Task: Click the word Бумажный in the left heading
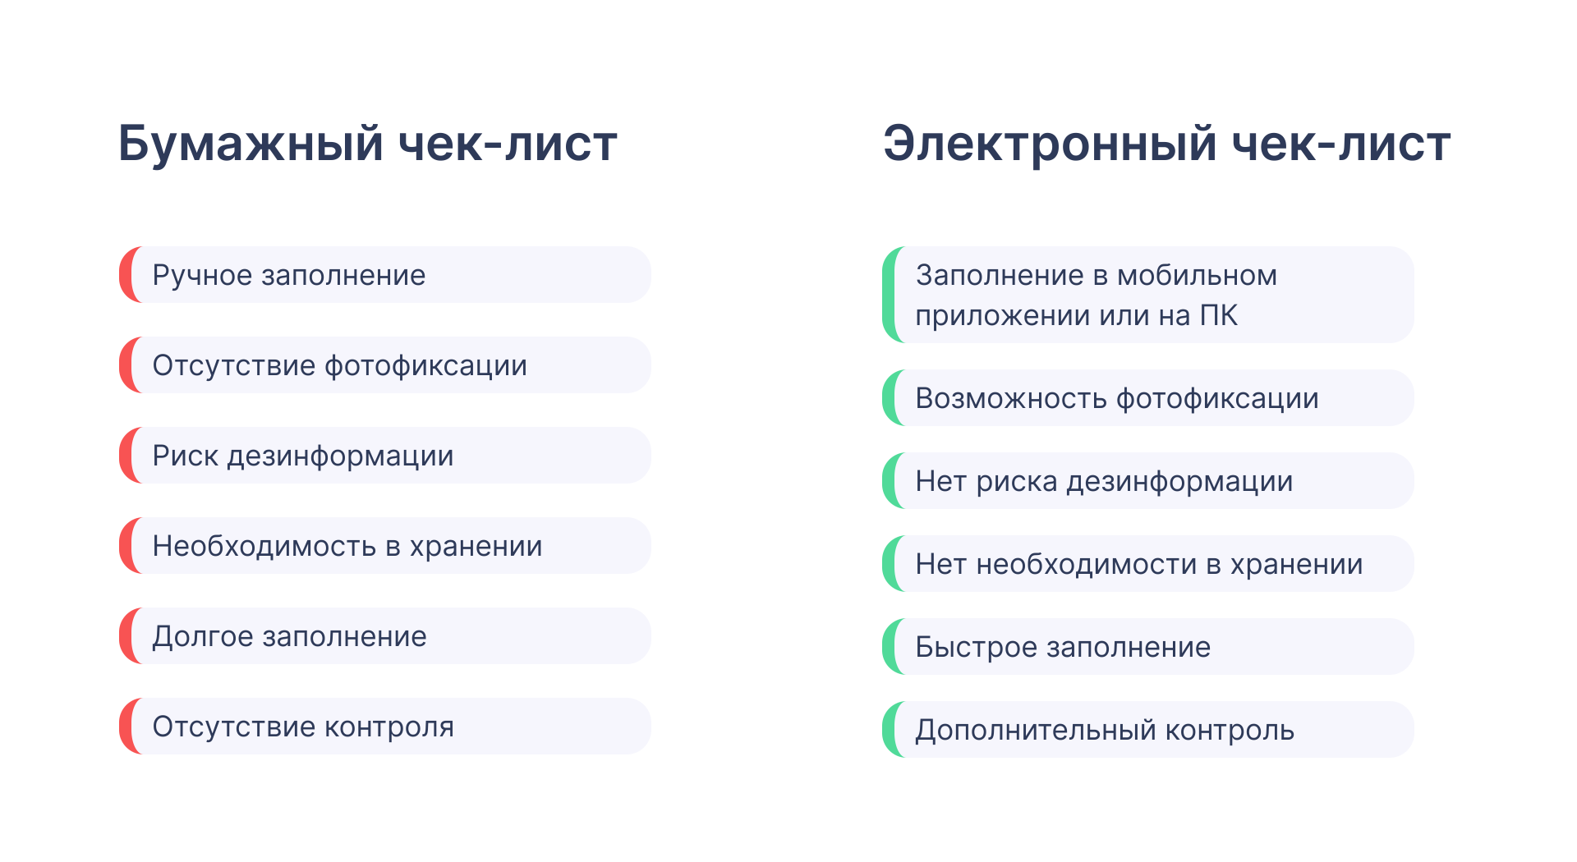[251, 144]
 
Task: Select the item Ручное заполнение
[289, 275]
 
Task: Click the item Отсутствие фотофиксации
[339, 365]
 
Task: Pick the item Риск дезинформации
[302, 456]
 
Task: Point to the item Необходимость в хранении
[347, 546]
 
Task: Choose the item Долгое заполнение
[289, 636]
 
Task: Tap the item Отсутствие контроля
[302, 727]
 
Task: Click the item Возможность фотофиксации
[1116, 398]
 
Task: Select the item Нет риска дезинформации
[1103, 481]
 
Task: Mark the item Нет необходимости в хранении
[1138, 564]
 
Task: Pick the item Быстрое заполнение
[1062, 647]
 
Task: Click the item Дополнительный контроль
[1104, 730]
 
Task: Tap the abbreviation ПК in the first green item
[1218, 315]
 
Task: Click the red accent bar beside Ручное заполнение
[127, 275]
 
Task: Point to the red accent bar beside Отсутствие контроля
[127, 727]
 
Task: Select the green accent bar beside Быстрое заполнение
[890, 647]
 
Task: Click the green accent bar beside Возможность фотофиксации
[890, 398]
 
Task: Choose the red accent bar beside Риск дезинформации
[127, 456]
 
